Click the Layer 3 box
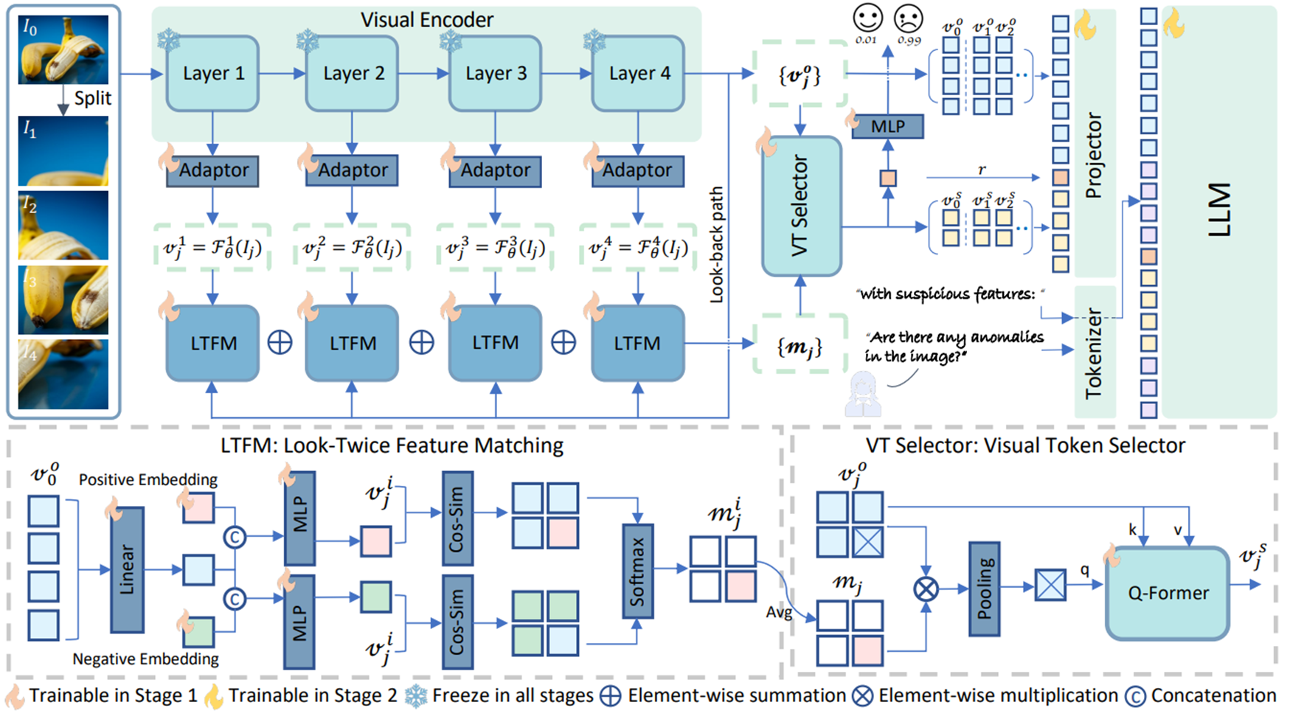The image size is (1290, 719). pos(496,74)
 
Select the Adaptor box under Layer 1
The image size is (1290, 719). pos(213,170)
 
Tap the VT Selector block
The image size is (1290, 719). pos(801,206)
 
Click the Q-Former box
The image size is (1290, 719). pos(1168,593)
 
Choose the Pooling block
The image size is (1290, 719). pos(984,588)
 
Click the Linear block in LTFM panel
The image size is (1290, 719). pos(127,569)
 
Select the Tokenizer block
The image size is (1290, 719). pos(1095,352)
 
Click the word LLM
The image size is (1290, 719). pos(1220,210)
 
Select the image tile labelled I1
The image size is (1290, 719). pos(63,151)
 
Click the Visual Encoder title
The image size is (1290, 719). pos(427,20)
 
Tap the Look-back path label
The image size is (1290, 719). pos(716,245)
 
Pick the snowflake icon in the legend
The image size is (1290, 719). pos(417,696)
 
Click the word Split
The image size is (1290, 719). pos(93,98)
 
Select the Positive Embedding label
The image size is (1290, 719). pos(148,480)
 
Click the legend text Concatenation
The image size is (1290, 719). pos(1213,695)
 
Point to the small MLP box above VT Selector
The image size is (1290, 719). pos(887,126)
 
